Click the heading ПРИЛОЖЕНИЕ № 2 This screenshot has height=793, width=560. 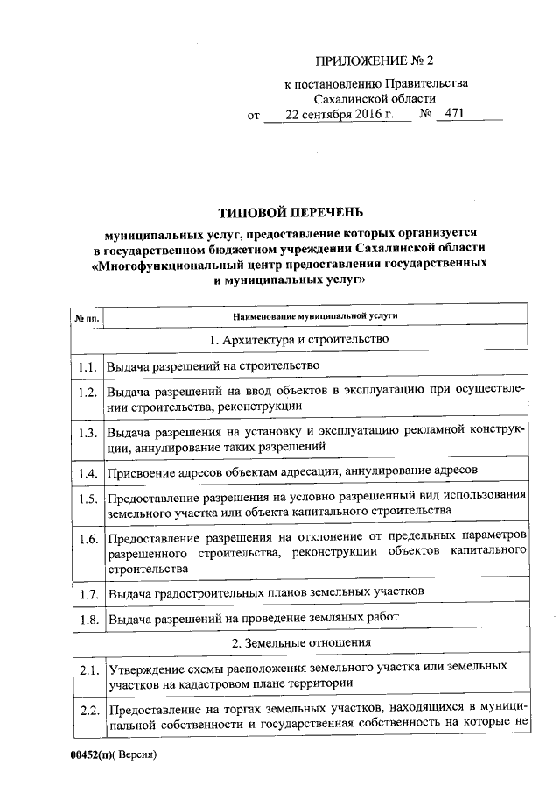click(x=374, y=60)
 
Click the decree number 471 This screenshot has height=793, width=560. click(x=456, y=114)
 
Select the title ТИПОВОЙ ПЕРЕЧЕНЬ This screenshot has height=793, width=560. click(x=288, y=213)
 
